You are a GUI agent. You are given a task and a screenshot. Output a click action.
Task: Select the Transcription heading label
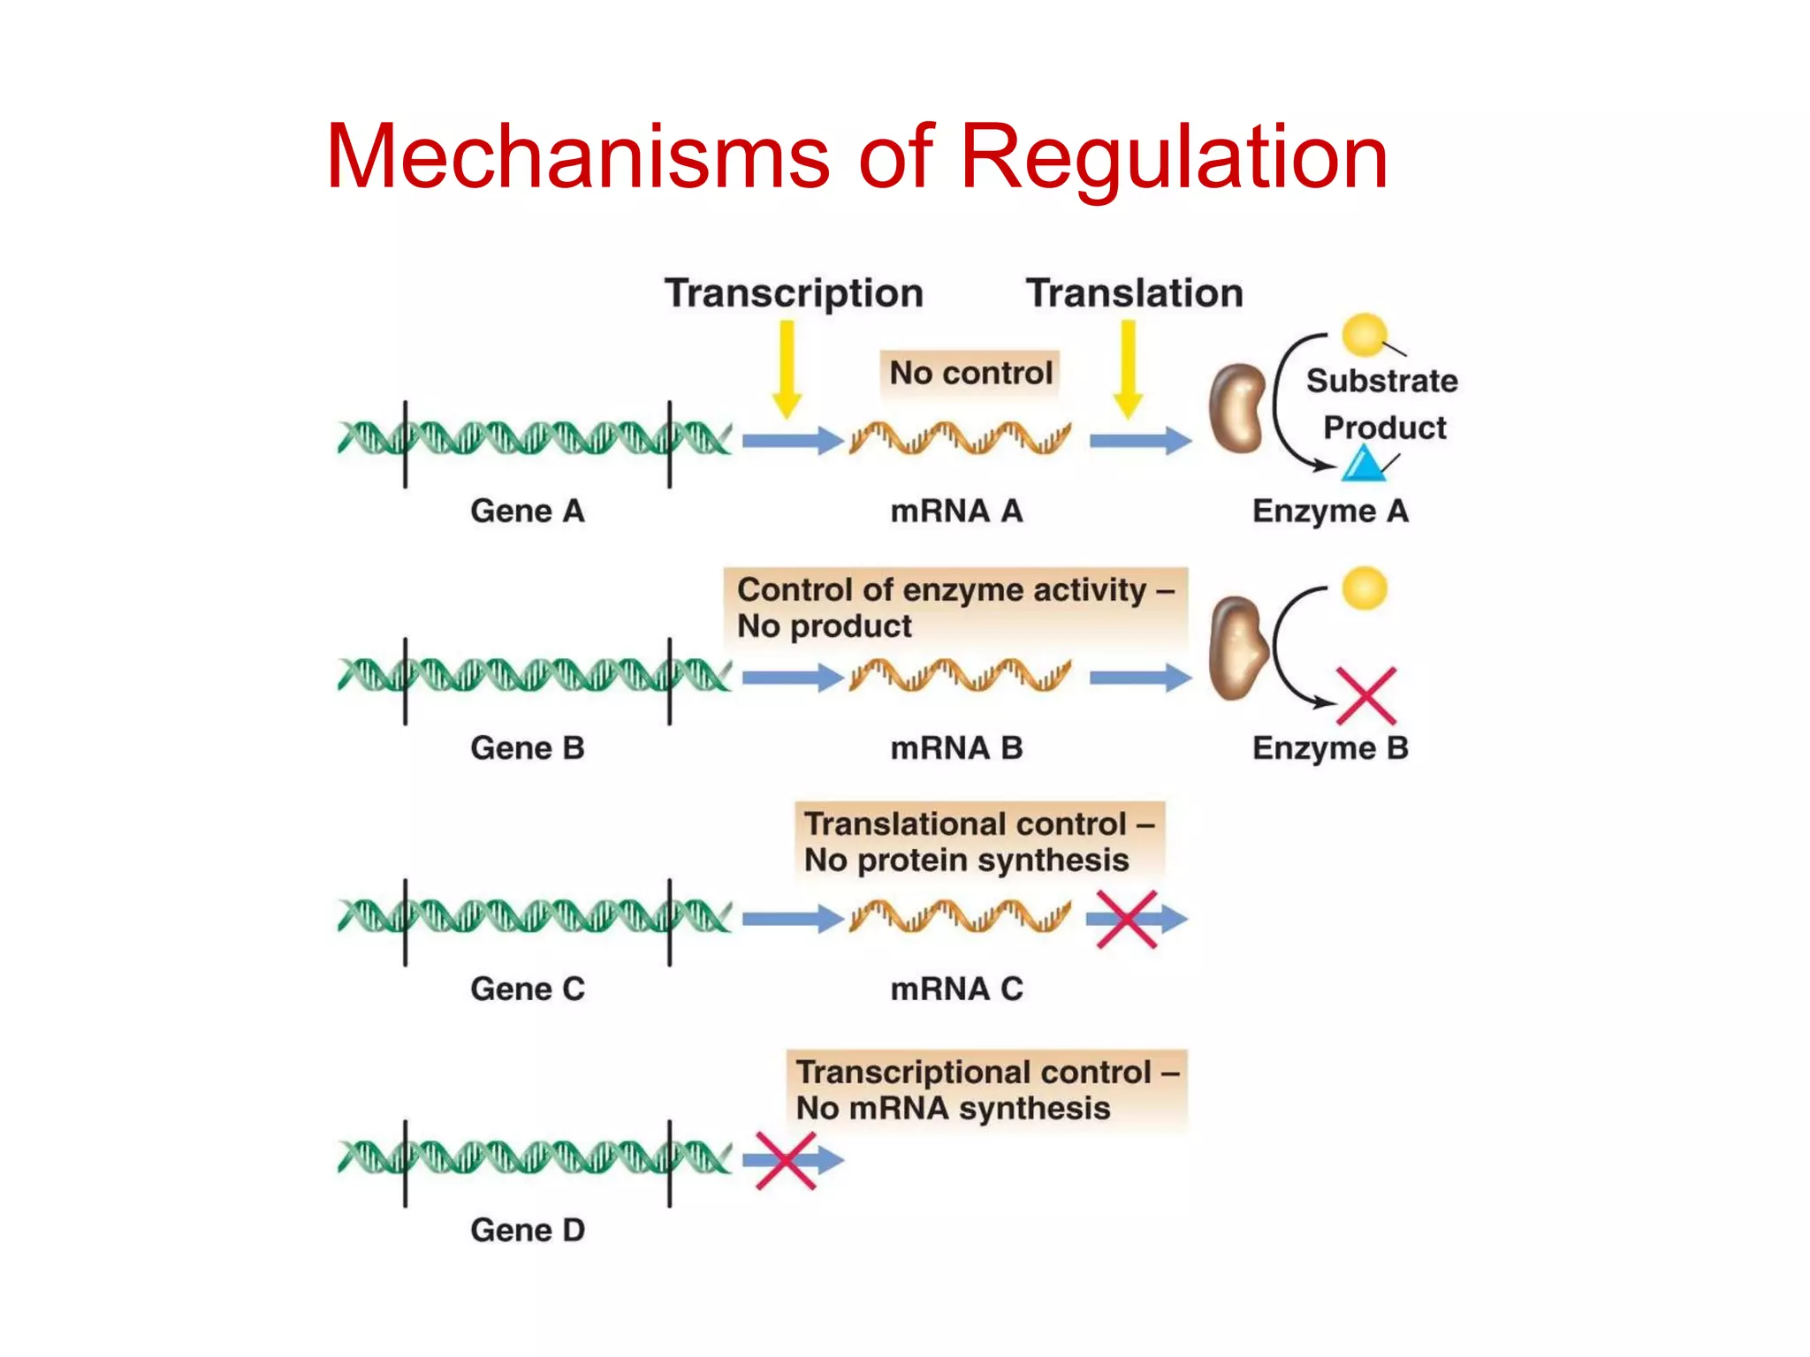pos(794,293)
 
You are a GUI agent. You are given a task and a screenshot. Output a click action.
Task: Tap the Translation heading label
pos(1134,293)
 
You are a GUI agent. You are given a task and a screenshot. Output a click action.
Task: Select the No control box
pos(970,373)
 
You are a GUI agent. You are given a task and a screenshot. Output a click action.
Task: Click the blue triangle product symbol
pos(1364,465)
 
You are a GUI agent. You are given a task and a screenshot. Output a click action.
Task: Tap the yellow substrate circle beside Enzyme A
pos(1364,334)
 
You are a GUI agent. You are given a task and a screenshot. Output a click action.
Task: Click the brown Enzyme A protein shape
pos(1237,408)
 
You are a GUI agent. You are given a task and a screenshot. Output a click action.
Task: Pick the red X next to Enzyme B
pos(1365,695)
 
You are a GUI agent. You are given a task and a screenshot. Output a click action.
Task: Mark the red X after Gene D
pos(786,1161)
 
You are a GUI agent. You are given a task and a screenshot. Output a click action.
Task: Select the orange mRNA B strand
pos(960,676)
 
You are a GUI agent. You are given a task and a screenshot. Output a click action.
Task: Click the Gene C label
pos(528,989)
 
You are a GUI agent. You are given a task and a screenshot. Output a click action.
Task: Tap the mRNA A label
pos(956,512)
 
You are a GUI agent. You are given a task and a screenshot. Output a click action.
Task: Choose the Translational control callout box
pos(979,841)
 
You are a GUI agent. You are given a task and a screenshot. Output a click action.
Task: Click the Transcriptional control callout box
pos(986,1090)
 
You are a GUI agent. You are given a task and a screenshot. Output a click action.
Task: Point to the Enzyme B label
pos(1330,748)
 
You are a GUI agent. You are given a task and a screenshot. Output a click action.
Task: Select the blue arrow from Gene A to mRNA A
pos(792,440)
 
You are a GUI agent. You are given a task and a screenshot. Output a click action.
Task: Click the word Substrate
pos(1381,381)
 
